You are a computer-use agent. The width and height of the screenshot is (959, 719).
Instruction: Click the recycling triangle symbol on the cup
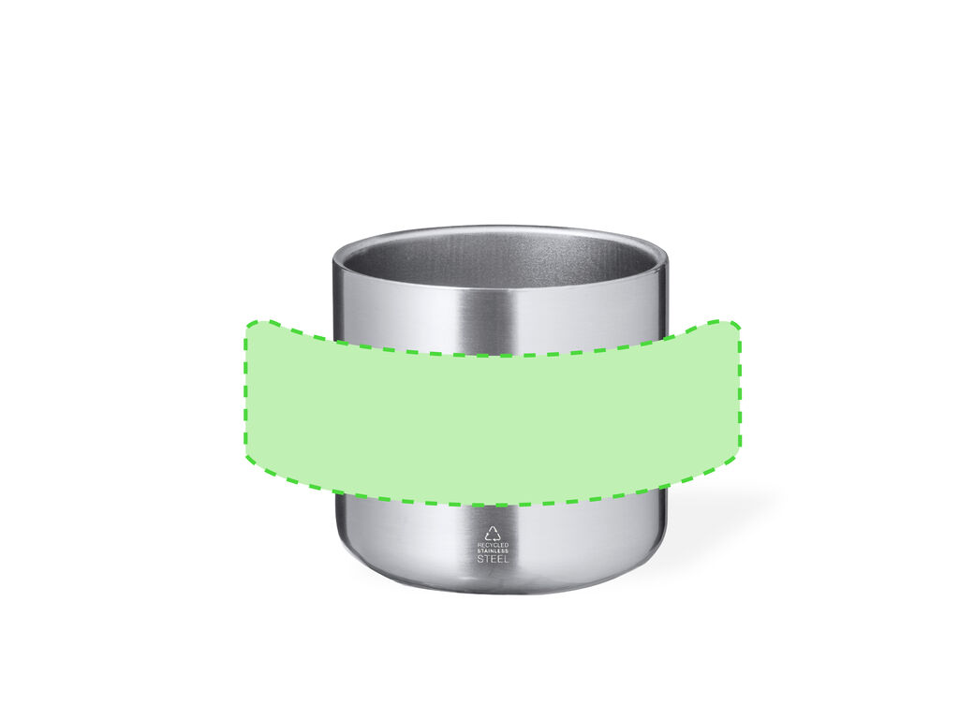pos(493,533)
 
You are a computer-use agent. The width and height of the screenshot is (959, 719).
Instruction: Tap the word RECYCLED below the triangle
pos(493,545)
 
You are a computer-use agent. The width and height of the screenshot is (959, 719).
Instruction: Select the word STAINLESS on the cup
pos(493,550)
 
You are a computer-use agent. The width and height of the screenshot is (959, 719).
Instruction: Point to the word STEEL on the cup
pos(493,559)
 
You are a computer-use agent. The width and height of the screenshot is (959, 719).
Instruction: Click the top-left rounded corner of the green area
pos(252,326)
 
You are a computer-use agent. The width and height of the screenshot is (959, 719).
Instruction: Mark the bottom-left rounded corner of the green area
pos(251,456)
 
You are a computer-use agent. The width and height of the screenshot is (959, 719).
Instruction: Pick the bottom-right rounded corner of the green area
pos(736,456)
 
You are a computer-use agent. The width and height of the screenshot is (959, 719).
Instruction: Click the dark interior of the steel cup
pos(500,257)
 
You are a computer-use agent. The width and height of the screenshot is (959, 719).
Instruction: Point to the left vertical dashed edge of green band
pos(246,391)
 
